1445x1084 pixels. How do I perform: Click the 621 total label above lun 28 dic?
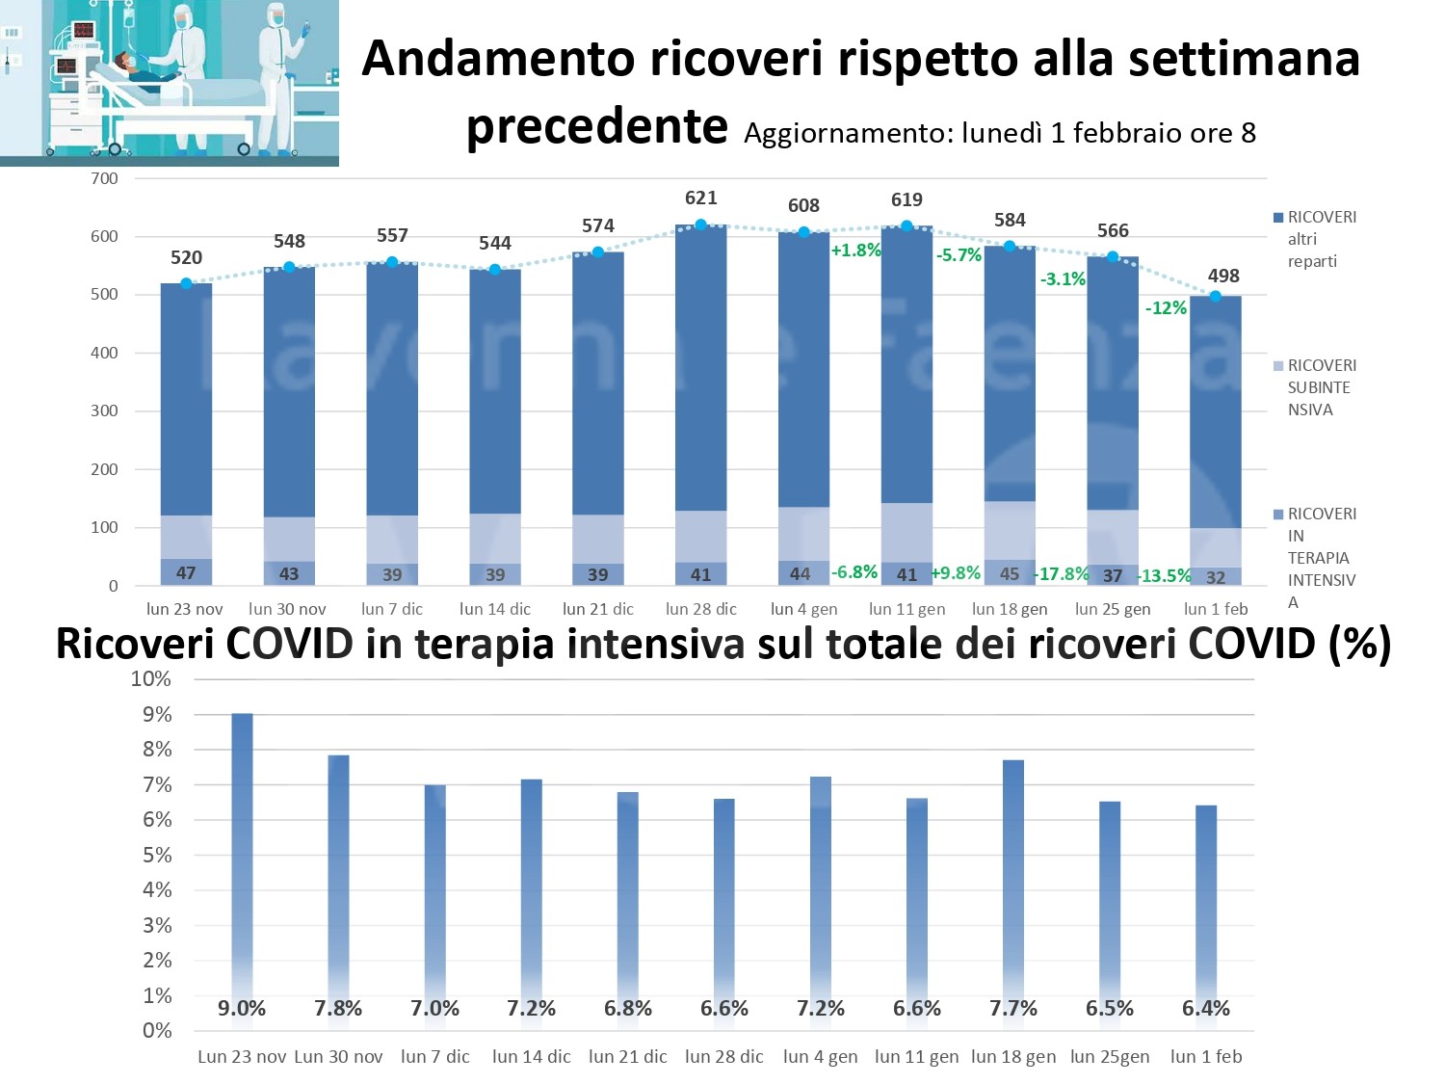[700, 198]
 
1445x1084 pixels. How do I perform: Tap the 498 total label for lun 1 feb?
[1223, 276]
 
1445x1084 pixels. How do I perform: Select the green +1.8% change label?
[855, 251]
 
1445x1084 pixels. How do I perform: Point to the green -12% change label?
[1166, 308]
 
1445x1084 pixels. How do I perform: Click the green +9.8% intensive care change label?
[956, 573]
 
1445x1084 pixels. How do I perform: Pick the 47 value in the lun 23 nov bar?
[186, 573]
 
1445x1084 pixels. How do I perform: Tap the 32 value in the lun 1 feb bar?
[1216, 578]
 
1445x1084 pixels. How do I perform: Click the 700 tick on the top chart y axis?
[104, 178]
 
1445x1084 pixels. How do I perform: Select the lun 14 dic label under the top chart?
[495, 609]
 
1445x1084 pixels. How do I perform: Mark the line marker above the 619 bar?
[906, 226]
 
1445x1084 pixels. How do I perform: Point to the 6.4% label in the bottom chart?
[1206, 1009]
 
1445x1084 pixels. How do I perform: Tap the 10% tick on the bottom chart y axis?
[151, 679]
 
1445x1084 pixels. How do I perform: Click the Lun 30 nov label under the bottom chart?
[338, 1057]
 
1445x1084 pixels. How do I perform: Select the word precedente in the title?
[597, 126]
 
